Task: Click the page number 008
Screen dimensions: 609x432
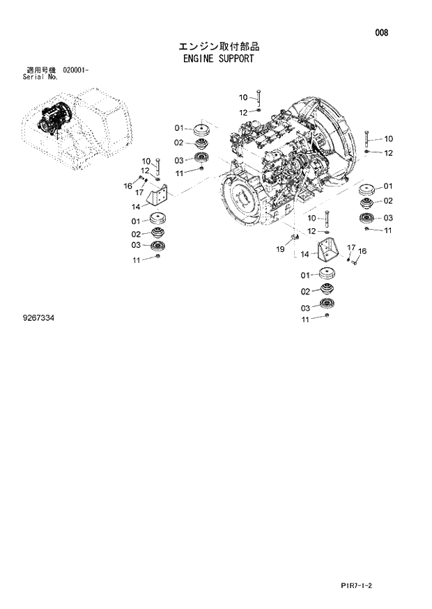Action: (x=381, y=33)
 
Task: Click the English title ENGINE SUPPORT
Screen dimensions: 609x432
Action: (x=216, y=59)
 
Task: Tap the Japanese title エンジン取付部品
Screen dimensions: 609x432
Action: (x=216, y=47)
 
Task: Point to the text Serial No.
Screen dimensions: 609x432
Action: (x=40, y=77)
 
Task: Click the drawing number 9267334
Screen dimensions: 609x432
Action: (x=38, y=318)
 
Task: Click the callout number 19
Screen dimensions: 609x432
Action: (x=280, y=248)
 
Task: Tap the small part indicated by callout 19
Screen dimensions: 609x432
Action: (x=293, y=237)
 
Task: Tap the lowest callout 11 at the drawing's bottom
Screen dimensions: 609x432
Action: (x=304, y=320)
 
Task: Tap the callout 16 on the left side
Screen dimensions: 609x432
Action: (x=128, y=185)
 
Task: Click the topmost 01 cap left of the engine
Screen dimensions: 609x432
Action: (x=201, y=130)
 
